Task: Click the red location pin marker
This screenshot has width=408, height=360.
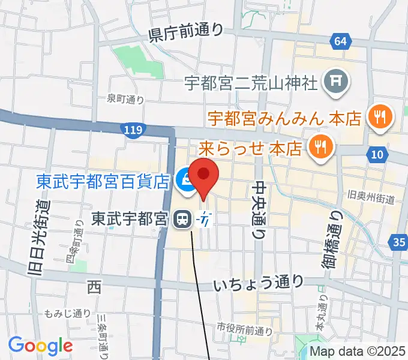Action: pos(203,175)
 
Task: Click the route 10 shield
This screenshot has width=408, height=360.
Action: pos(376,155)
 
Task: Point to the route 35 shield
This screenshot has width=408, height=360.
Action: pos(398,242)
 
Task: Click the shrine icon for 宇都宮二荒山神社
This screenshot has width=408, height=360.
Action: pos(334,81)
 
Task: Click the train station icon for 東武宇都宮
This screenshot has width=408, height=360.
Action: pos(181,220)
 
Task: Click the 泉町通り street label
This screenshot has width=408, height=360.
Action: pos(125,99)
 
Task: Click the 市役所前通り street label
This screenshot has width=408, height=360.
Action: pos(244,328)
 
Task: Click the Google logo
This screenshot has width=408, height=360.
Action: pos(40,345)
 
